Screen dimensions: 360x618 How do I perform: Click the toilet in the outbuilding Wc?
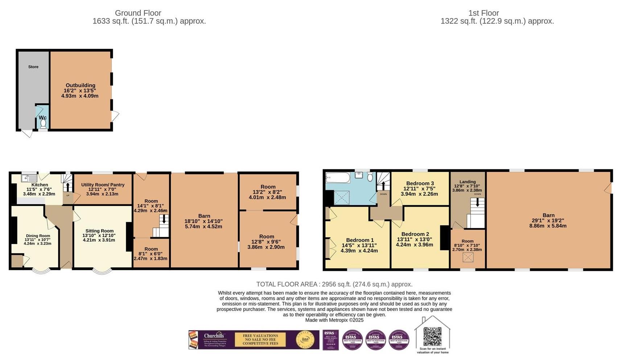point(43,124)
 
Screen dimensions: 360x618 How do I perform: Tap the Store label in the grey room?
point(33,67)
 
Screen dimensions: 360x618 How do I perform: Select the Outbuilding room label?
point(80,86)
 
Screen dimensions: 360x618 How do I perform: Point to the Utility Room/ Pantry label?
point(103,185)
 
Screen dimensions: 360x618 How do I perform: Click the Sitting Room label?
point(99,231)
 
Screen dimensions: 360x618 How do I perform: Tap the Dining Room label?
point(38,236)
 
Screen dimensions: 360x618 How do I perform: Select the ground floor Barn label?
point(204,216)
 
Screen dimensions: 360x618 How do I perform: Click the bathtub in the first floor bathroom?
point(338,178)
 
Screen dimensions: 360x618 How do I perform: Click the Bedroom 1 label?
point(359,240)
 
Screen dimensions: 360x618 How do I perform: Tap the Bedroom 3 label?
point(420,183)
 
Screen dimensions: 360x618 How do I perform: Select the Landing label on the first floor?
point(467,182)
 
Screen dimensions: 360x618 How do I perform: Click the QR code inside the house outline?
point(432,336)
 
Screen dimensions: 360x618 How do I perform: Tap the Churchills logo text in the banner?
point(214,336)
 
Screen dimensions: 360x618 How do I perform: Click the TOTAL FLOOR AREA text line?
point(334,284)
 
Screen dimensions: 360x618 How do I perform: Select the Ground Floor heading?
point(138,13)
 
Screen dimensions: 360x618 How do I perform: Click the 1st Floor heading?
point(483,13)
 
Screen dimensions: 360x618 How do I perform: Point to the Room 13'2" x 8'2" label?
point(268,187)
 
